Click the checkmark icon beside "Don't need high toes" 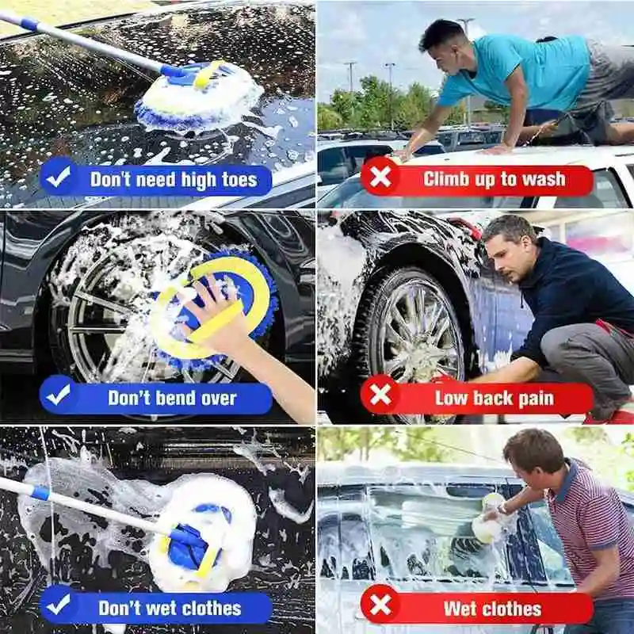59,177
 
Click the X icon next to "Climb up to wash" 380,177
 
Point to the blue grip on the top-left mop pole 29,24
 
